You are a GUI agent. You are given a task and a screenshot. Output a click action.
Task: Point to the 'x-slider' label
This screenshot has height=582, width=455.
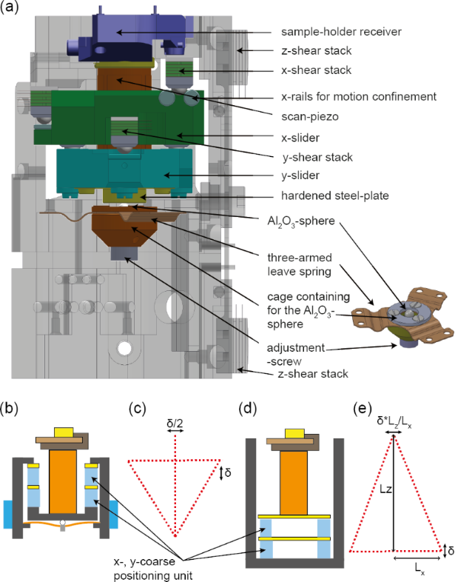click(301, 137)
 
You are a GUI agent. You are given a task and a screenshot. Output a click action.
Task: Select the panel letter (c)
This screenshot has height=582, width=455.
click(138, 408)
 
